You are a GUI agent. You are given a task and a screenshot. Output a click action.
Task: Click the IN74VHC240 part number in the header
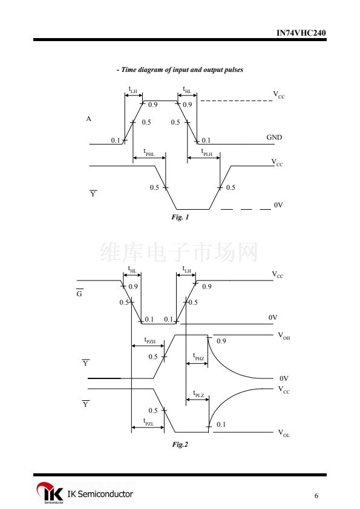[x=301, y=33]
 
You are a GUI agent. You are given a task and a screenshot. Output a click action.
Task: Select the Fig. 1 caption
[x=180, y=217]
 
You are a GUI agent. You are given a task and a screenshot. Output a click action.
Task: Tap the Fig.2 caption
[x=180, y=444]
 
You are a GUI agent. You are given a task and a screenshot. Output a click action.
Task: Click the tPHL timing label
[x=149, y=152]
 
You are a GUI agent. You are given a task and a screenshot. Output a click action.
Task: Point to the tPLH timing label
[x=207, y=152]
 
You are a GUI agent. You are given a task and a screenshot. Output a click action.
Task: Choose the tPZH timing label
[x=150, y=340]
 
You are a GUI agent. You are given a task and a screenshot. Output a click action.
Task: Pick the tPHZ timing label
[x=198, y=357]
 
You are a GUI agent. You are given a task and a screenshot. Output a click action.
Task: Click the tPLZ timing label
[x=198, y=394]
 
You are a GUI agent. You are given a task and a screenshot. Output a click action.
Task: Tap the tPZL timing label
[x=148, y=422]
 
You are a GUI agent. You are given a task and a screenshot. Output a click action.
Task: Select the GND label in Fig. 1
[x=274, y=137]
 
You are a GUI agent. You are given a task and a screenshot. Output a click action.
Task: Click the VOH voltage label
[x=284, y=336]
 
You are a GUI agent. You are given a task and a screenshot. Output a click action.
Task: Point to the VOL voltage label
[x=284, y=433]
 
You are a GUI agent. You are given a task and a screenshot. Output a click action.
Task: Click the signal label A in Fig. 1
[x=89, y=119]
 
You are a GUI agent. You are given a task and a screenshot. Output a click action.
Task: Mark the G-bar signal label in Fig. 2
[x=79, y=293]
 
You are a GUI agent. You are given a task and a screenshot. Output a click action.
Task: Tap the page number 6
[x=316, y=496]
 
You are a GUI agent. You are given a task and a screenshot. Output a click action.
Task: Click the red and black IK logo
[x=50, y=493]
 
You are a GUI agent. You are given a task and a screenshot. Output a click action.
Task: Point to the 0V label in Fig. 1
[x=278, y=205]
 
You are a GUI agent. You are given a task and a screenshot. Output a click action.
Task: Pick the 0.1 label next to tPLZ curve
[x=221, y=424]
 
